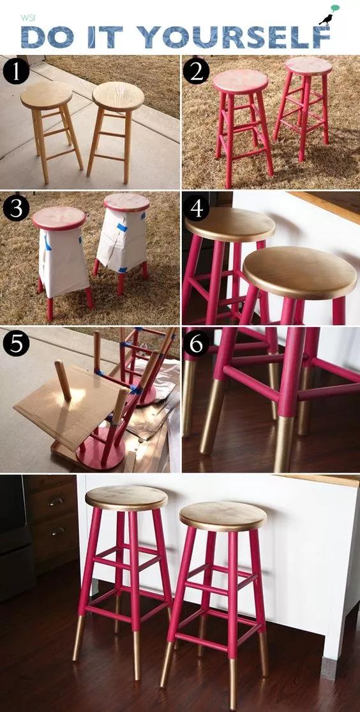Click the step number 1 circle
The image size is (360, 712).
pyautogui.click(x=16, y=72)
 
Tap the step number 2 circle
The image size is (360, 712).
pyautogui.click(x=196, y=72)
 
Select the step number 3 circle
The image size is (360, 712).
pyautogui.click(x=16, y=208)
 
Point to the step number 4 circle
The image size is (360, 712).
pyautogui.click(x=196, y=208)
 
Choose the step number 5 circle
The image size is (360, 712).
pyautogui.click(x=16, y=344)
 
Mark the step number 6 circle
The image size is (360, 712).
pyautogui.click(x=196, y=344)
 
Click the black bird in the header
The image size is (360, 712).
pyautogui.click(x=326, y=20)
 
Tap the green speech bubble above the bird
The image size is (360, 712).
pyautogui.click(x=335, y=8)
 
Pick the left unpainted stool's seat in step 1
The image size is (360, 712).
pyautogui.click(x=47, y=95)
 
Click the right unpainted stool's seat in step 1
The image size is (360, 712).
pyautogui.click(x=118, y=96)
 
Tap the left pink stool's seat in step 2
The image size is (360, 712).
pyautogui.click(x=241, y=82)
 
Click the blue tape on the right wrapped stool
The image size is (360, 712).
pyautogui.click(x=122, y=227)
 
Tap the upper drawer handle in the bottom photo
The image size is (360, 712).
pyautogui.click(x=56, y=501)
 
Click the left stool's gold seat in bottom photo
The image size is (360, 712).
pyautogui.click(x=126, y=497)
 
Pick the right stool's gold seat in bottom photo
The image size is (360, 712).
pyautogui.click(x=223, y=517)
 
